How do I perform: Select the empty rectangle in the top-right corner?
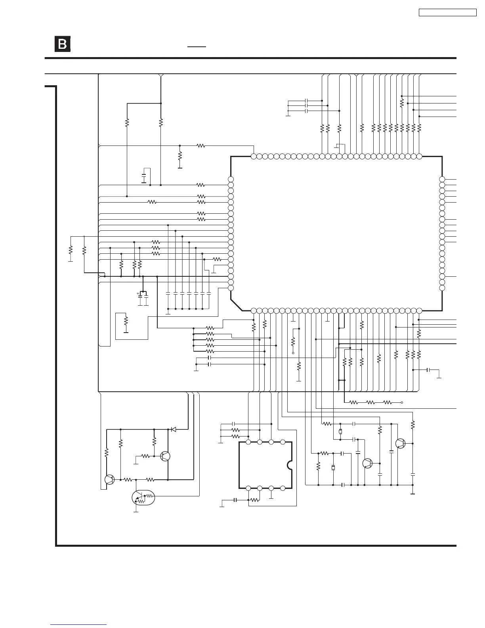tap(447, 13)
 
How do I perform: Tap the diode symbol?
tap(173, 429)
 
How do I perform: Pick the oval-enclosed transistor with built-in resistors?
tap(143, 498)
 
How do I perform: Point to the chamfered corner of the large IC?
tap(236, 305)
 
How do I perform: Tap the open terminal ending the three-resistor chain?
tap(402, 402)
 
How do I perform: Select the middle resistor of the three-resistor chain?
tap(370, 402)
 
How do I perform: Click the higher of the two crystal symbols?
tap(340, 432)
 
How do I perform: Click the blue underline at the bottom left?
tap(78, 625)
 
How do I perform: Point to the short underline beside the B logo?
tap(197, 46)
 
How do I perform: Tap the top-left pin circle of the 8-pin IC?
tap(248, 442)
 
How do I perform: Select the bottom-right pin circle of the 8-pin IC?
tap(283, 488)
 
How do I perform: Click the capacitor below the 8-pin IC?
tap(235, 500)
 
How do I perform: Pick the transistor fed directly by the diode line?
tap(165, 456)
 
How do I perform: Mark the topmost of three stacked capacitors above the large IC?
tap(307, 101)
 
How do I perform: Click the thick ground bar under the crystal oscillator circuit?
tap(412, 494)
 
